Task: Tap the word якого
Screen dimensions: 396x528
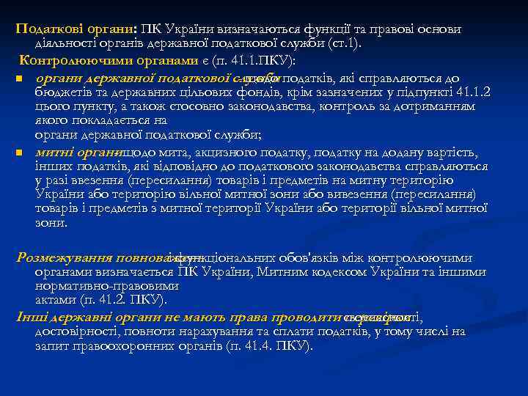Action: pos(50,120)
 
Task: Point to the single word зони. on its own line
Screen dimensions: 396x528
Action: pos(51,223)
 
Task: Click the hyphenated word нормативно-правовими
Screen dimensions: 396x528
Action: pos(105,286)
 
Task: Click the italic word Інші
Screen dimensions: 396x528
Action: pos(30,316)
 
